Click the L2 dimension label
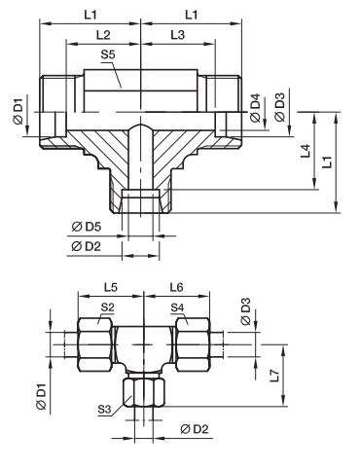[103, 35]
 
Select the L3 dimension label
[178, 35]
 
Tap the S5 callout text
[108, 54]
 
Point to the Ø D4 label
[256, 108]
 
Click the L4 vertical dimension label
[306, 151]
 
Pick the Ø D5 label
[87, 227]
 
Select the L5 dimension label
[111, 287]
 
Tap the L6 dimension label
[177, 287]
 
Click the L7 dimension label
[274, 376]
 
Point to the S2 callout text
[108, 307]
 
